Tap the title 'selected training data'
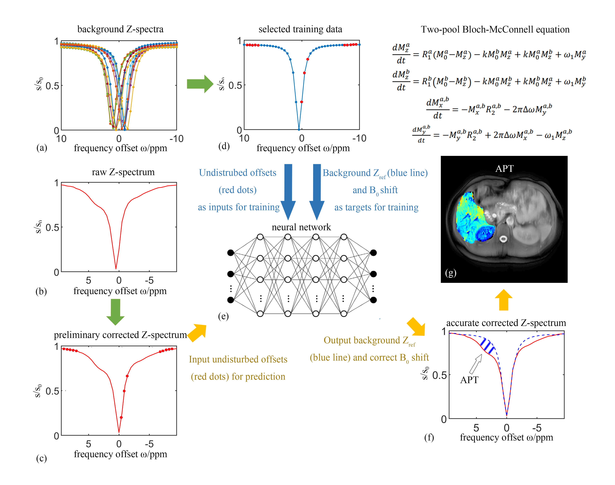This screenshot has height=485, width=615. (300, 29)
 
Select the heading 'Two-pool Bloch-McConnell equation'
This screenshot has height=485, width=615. (495, 30)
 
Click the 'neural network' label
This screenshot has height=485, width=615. (301, 227)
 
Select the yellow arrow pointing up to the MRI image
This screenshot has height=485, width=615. (503, 300)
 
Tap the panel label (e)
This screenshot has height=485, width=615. (223, 316)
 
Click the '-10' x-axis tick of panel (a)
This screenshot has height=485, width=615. (176, 139)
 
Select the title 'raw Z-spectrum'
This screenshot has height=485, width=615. (123, 172)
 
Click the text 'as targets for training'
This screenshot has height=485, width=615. (376, 207)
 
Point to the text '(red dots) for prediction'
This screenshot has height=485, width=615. (238, 377)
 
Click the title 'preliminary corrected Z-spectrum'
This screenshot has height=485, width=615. (120, 335)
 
